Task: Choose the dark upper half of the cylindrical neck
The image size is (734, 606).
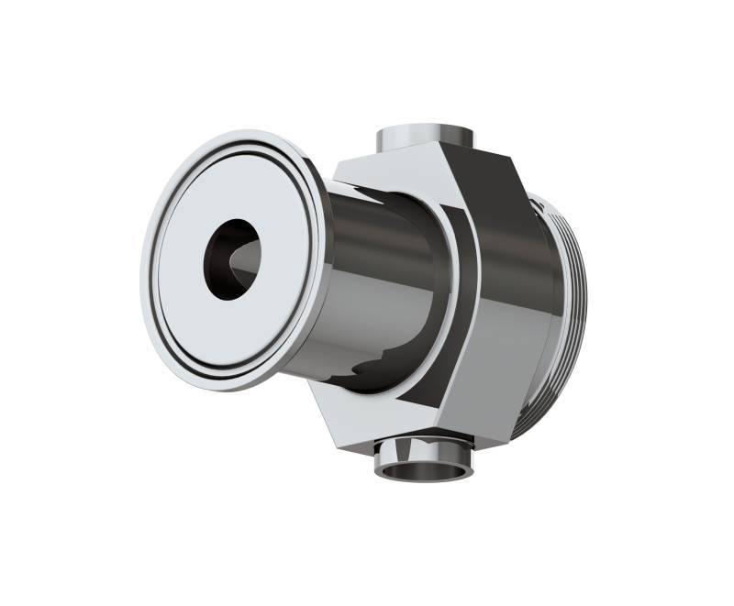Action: click(x=385, y=220)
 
